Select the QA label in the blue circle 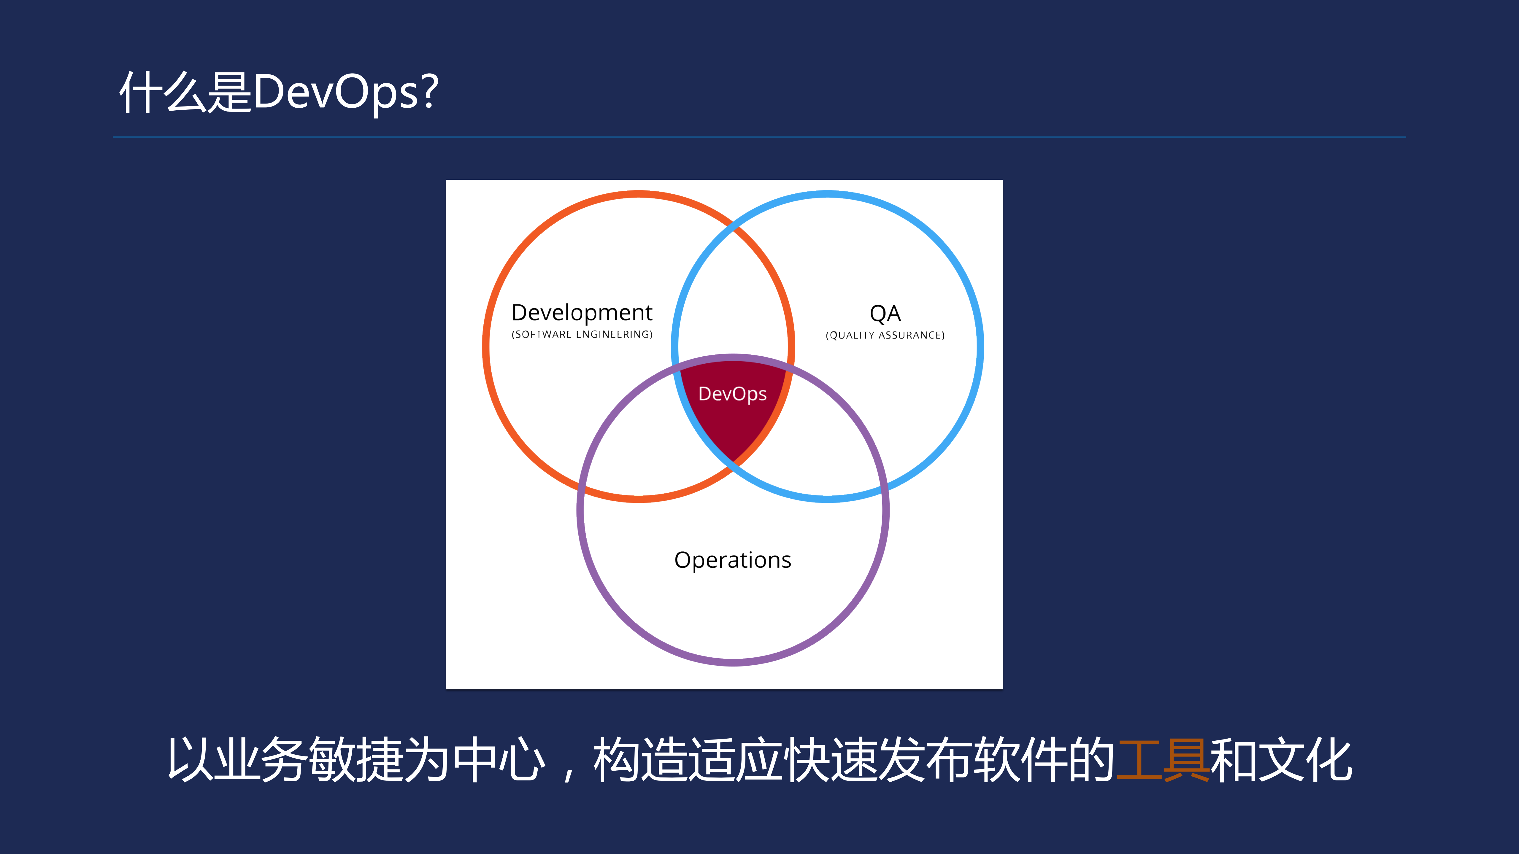click(x=885, y=314)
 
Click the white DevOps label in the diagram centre click(x=732, y=394)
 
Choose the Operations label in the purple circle click(x=732, y=560)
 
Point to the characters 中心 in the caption click(x=498, y=760)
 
